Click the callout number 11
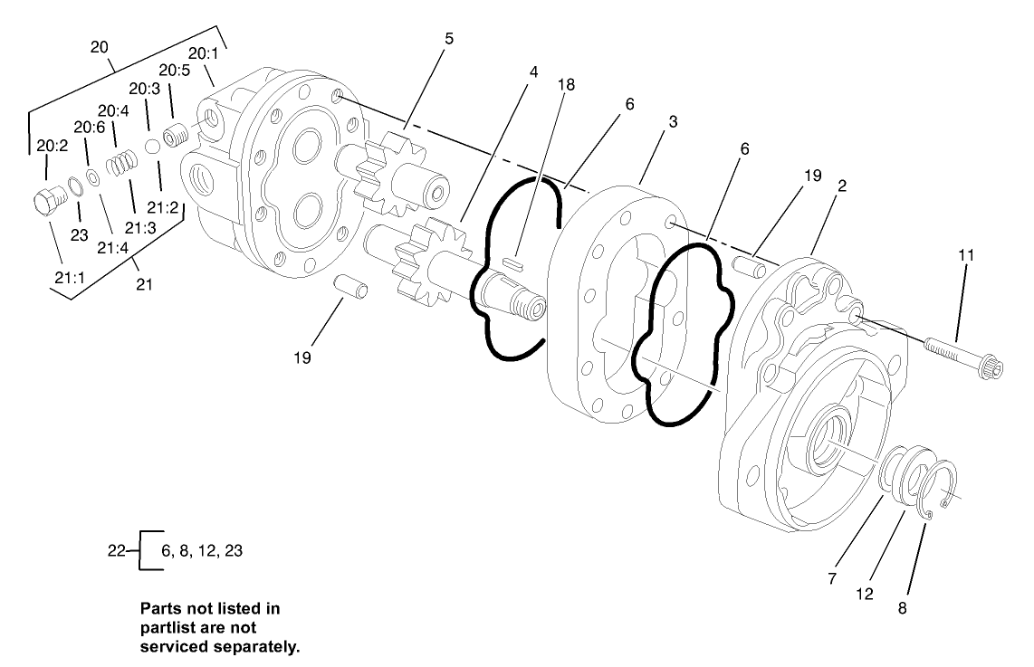coord(966,255)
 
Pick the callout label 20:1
coord(203,52)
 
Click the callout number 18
coord(566,84)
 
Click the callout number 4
coord(534,71)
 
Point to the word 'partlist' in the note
coord(171,628)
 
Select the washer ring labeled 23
coord(76,186)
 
